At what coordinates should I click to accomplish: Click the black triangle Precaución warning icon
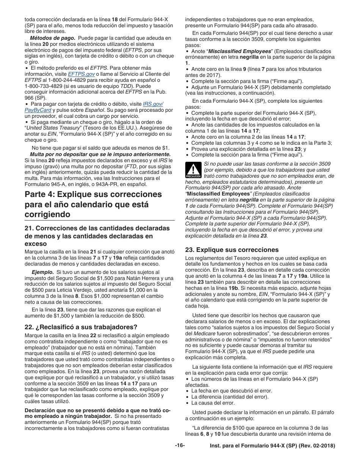pos(193,170)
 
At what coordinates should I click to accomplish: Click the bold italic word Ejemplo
pos(42,272)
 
